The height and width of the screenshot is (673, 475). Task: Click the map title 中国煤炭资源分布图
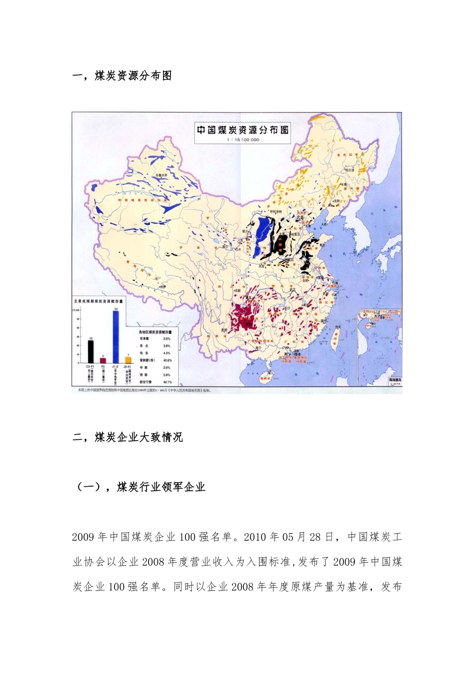242,130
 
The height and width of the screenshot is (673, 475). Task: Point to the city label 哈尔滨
348,170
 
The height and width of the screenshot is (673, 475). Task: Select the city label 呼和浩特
273,212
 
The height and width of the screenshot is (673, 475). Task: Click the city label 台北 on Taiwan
337,327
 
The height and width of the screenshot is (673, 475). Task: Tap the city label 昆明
224,330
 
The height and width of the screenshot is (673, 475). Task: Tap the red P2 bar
103,360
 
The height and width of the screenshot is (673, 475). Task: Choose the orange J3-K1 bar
128,360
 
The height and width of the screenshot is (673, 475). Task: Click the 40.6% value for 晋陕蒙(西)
167,361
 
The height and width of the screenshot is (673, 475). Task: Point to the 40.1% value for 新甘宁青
167,382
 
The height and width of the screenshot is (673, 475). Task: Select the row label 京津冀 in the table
144,339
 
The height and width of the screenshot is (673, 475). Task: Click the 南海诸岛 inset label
395,380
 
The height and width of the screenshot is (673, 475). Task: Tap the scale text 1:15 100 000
243,140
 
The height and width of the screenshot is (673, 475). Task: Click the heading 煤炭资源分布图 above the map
133,76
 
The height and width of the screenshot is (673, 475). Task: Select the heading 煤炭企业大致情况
138,437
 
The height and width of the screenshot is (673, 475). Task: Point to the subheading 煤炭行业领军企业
160,487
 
